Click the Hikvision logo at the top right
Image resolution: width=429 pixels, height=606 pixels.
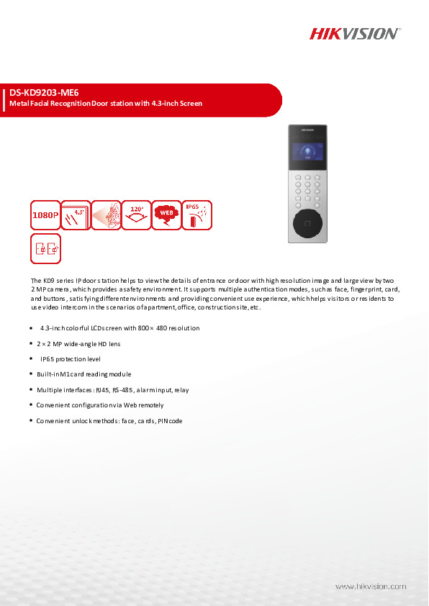pos(354,34)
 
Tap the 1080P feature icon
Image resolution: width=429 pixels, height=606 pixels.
pos(45,214)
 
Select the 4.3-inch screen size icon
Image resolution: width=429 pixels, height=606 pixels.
pos(75,214)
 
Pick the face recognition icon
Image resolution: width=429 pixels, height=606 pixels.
pos(105,214)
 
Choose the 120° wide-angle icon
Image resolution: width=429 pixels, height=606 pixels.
pos(135,214)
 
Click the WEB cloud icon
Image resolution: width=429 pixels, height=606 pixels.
pos(166,214)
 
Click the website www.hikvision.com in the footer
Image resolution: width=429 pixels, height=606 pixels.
pos(371,587)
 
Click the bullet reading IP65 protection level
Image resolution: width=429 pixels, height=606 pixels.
pos(71,358)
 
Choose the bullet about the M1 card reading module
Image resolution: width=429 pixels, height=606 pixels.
pos(83,374)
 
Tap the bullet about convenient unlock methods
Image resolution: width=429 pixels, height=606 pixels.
pos(109,420)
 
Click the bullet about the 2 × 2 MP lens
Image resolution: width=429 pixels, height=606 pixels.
pos(78,343)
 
